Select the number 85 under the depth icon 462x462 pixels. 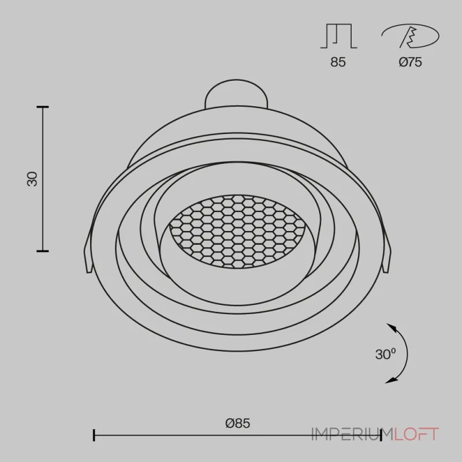(338, 62)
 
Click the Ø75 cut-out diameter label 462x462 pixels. (411, 62)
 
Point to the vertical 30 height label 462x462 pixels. (32, 179)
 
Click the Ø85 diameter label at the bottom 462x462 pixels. (237, 423)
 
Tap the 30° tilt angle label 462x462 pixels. (385, 354)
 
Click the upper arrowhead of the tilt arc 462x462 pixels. (391, 327)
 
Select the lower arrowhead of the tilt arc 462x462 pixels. (389, 381)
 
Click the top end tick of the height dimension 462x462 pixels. (43, 107)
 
